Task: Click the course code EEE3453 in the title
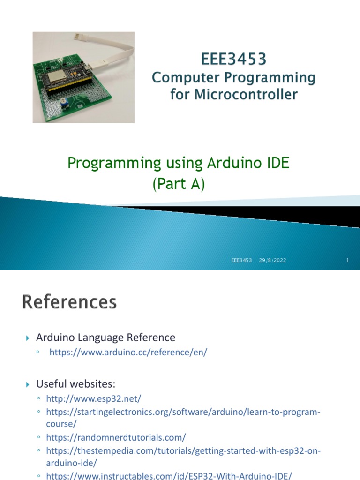(x=233, y=59)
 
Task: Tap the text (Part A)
(x=179, y=184)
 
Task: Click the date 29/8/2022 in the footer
(x=272, y=260)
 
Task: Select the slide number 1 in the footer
(x=348, y=260)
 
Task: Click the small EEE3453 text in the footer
(x=241, y=260)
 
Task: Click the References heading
(x=69, y=302)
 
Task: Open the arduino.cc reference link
(x=128, y=352)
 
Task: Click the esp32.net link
(x=93, y=398)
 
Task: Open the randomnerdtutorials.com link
(x=116, y=437)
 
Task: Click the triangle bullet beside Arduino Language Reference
(x=27, y=338)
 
